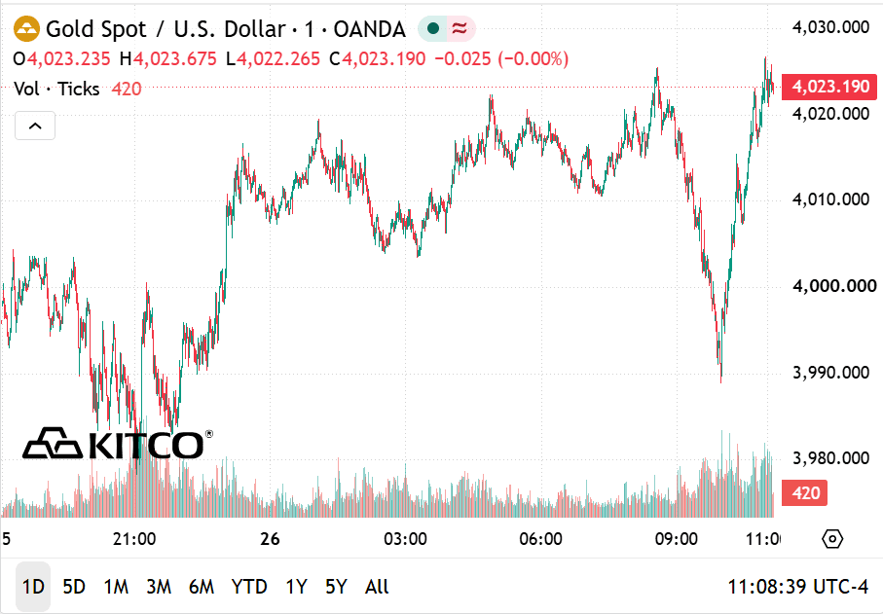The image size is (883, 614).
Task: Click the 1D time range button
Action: click(x=33, y=587)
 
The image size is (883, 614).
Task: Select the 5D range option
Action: click(x=74, y=587)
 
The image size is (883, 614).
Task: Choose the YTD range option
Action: click(x=249, y=587)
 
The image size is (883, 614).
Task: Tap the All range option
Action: click(x=377, y=587)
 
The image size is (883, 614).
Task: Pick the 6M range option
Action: click(x=202, y=587)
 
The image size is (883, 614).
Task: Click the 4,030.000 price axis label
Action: click(x=830, y=27)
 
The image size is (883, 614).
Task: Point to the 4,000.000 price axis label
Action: click(x=834, y=286)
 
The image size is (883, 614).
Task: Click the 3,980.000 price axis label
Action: click(x=830, y=458)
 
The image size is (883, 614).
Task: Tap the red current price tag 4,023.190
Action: click(x=829, y=87)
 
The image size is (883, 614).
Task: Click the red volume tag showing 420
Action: click(x=805, y=493)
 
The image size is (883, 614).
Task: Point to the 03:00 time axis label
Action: click(x=405, y=539)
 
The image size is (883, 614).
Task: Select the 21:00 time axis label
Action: click(x=134, y=539)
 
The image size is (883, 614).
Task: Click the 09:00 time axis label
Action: click(x=677, y=539)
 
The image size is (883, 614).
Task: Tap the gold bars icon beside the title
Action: click(x=26, y=28)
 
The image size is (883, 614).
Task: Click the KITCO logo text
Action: click(x=145, y=445)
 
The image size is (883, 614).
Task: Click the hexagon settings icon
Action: click(x=832, y=539)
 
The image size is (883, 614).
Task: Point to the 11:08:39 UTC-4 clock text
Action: click(x=798, y=587)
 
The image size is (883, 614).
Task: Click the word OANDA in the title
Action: click(x=369, y=29)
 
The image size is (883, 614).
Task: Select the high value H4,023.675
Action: click(x=167, y=59)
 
